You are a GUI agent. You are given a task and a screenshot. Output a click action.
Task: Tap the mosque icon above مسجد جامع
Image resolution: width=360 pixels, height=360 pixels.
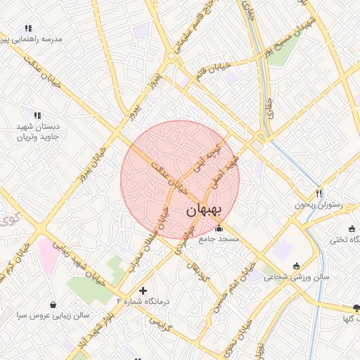point(219,228)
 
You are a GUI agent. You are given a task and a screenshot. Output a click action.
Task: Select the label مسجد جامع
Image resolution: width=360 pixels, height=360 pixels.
point(219,239)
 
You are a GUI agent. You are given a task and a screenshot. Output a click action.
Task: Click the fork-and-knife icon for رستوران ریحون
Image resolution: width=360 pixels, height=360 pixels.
point(319,193)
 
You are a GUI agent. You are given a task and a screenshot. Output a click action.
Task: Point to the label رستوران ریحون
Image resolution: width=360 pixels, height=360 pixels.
point(317,205)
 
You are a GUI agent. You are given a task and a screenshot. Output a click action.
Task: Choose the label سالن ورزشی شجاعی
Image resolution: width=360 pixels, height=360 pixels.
point(295,277)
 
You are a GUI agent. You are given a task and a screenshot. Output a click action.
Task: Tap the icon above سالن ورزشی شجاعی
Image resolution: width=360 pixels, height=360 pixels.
point(296,266)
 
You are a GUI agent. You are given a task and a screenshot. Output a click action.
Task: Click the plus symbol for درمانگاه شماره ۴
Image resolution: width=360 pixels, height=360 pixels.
point(143,290)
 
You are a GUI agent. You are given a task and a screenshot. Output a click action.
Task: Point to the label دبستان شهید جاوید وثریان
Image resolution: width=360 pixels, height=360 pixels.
point(39,131)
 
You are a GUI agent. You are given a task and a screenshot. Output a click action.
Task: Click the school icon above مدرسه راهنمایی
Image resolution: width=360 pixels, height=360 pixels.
point(28,28)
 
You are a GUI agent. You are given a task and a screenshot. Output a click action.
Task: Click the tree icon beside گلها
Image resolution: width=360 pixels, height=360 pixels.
point(356,308)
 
